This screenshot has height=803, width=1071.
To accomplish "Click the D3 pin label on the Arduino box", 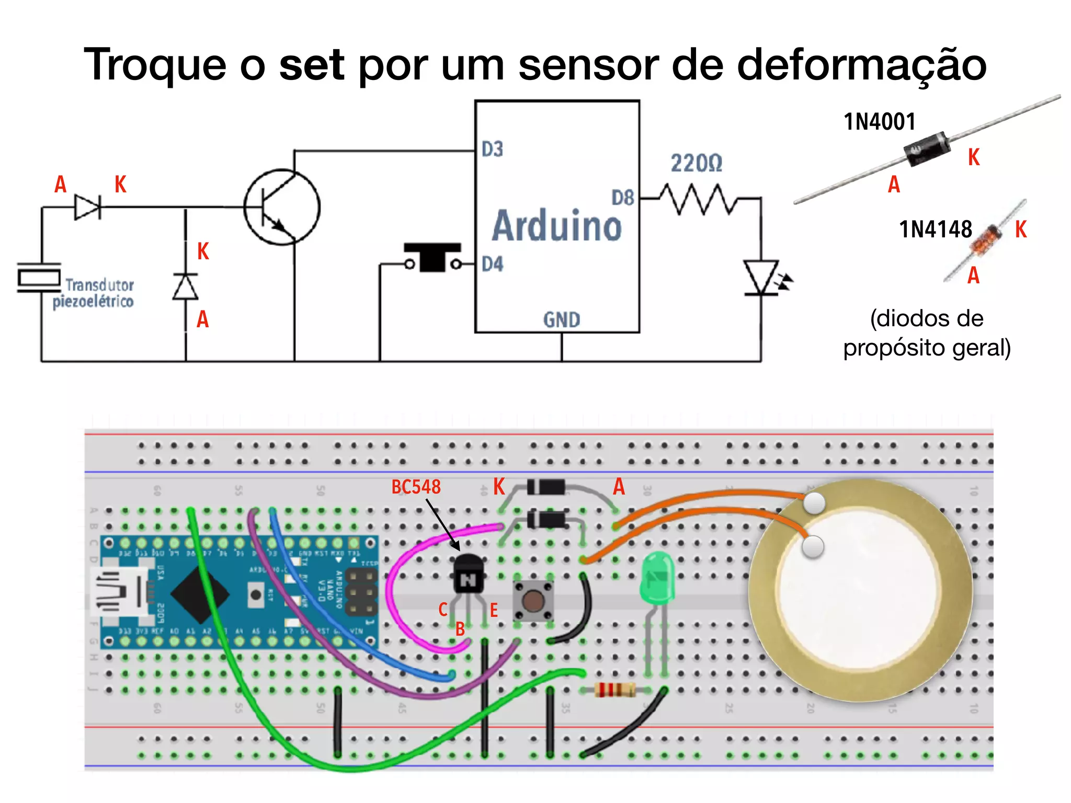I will coord(492,149).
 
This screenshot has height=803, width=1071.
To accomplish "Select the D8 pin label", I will coord(622,198).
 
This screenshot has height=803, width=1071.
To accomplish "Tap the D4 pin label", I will coord(492,264).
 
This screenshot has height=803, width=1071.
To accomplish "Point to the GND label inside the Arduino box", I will coord(561,319).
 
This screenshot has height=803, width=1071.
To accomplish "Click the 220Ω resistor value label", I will coord(696,163).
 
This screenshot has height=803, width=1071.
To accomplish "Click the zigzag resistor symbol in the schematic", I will coord(698,199).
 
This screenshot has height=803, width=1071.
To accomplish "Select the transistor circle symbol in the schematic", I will coord(282,207).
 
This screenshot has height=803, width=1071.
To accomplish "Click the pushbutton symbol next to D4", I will coord(432,257).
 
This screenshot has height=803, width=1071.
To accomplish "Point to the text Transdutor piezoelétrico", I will coord(94,293).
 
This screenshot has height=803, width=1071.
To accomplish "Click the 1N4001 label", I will coord(880,122).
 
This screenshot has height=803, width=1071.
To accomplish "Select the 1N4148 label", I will coord(935,229).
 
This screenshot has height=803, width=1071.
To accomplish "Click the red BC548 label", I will coord(416,487).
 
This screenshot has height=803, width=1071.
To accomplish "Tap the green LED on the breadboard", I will coord(657,577).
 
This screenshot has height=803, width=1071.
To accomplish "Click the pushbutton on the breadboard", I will coord(532,601).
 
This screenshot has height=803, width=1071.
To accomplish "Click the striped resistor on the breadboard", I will coord(615,690).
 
